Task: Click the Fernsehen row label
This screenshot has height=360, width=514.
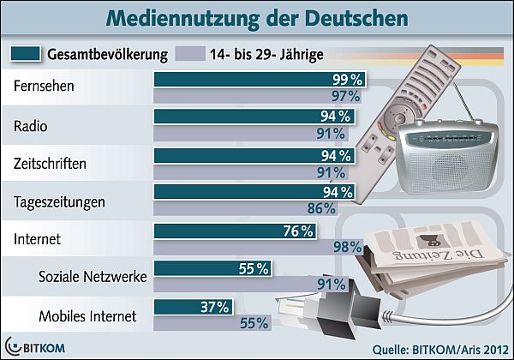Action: tap(45, 87)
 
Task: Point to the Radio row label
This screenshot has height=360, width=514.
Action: tap(33, 126)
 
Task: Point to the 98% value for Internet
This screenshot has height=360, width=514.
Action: tap(344, 247)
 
